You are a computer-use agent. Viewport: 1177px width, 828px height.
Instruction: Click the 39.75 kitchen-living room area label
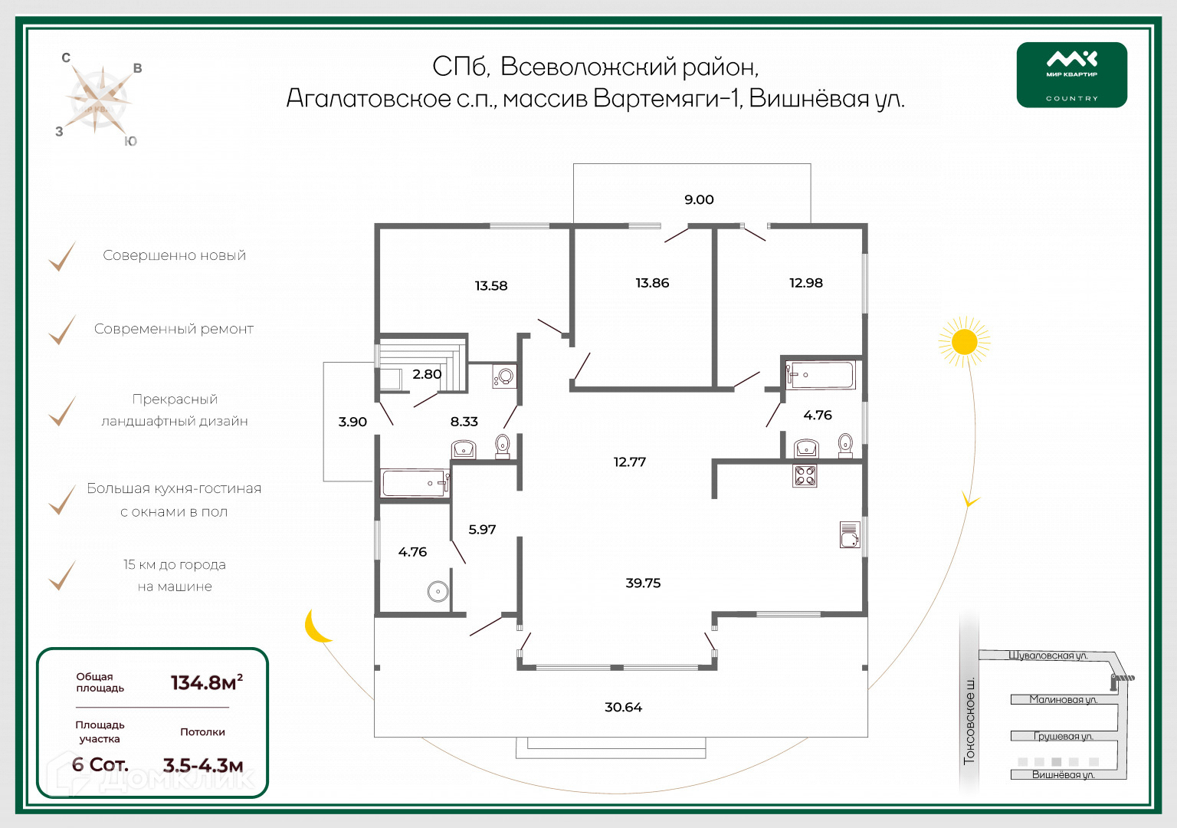643,583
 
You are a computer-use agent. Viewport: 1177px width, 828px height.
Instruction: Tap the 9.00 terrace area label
699,200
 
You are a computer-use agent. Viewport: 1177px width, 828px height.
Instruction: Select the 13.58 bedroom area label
491,286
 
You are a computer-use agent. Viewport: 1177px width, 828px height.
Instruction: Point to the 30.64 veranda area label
623,708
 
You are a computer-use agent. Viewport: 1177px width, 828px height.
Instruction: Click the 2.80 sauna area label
427,374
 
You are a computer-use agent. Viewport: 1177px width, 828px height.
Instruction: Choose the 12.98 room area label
806,283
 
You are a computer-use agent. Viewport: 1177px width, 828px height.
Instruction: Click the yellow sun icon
964,342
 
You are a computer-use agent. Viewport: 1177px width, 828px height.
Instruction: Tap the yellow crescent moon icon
316,626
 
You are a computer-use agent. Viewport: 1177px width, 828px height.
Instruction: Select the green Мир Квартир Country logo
1071,75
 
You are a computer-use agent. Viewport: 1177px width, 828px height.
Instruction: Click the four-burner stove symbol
805,475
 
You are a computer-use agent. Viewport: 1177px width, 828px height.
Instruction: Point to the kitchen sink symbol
849,534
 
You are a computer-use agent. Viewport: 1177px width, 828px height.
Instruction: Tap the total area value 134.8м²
206,682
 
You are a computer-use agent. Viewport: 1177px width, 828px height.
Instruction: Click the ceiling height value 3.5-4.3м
203,765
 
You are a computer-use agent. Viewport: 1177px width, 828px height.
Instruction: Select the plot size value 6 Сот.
100,764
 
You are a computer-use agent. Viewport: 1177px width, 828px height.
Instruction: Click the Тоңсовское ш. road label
969,720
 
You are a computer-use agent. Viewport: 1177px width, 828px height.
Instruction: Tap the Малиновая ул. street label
1063,699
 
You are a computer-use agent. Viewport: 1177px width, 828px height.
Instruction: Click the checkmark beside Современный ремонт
62,330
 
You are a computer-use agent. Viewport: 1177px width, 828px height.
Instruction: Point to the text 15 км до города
175,565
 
